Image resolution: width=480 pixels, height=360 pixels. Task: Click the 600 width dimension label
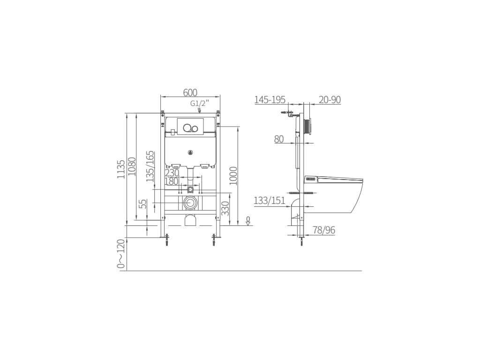pyautogui.click(x=190, y=92)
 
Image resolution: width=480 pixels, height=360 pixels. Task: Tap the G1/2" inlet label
pyautogui.click(x=200, y=104)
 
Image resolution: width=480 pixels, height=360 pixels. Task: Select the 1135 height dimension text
pyautogui.click(x=121, y=169)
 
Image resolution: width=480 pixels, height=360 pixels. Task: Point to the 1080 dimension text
pyautogui.click(x=132, y=166)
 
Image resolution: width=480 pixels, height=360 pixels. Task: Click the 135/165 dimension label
pyautogui.click(x=150, y=166)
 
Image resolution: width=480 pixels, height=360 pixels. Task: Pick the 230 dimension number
pyautogui.click(x=172, y=173)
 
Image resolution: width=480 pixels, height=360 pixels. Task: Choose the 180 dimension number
pyautogui.click(x=172, y=181)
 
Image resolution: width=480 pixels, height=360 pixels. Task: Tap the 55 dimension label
pyautogui.click(x=143, y=204)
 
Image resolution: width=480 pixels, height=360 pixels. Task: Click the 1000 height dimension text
pyautogui.click(x=233, y=176)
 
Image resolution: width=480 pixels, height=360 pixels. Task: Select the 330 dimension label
pyautogui.click(x=225, y=209)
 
